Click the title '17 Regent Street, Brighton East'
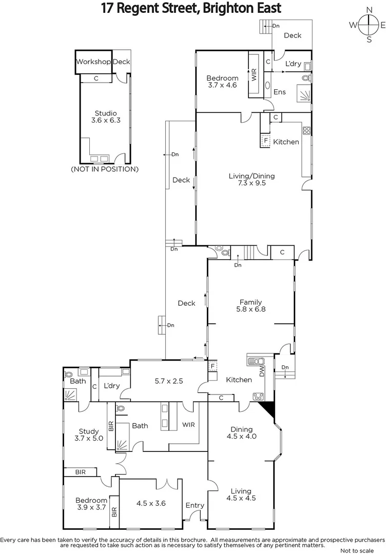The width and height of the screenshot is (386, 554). [x=191, y=9]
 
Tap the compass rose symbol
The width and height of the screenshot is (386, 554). [x=368, y=25]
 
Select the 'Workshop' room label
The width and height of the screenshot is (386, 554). [x=93, y=62]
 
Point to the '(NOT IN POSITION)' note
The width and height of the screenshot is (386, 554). [x=104, y=169]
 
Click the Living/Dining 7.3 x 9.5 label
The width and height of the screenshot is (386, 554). [x=252, y=180]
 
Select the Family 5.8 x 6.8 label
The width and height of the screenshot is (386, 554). [x=251, y=306]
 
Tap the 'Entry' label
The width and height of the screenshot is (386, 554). [x=195, y=505]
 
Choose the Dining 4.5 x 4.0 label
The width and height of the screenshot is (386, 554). [x=241, y=433]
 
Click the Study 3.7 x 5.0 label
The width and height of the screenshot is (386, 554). [x=91, y=435]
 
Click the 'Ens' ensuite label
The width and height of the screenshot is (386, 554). [x=279, y=92]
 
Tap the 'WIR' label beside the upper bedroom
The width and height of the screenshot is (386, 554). [x=254, y=75]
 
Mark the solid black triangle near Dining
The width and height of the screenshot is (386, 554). [x=267, y=409]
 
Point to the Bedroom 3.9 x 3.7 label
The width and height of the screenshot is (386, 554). [x=91, y=504]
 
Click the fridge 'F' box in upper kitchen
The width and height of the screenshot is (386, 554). [x=265, y=140]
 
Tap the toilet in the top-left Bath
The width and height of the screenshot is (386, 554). [x=69, y=373]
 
